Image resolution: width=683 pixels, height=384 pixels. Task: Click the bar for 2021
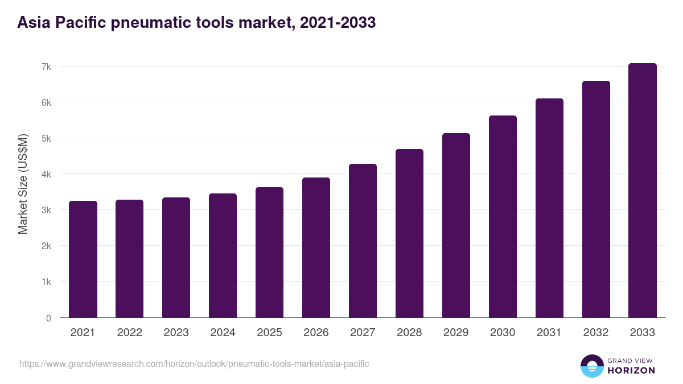click(83, 259)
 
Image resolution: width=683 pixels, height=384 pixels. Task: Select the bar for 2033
click(643, 191)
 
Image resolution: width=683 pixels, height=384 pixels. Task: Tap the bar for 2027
click(363, 241)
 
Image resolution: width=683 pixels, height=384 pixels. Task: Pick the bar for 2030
click(503, 217)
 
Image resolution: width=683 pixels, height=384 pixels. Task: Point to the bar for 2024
click(223, 255)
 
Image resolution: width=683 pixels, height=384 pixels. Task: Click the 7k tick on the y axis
click(46, 67)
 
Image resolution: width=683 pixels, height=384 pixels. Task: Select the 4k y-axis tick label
click(46, 174)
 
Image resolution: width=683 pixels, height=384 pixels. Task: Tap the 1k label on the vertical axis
click(46, 282)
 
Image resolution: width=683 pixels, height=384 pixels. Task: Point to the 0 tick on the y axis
click(48, 318)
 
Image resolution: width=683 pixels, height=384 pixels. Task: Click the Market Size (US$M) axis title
click(23, 184)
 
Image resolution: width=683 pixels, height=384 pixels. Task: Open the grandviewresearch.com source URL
click(194, 364)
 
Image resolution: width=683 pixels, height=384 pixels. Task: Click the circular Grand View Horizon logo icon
click(591, 366)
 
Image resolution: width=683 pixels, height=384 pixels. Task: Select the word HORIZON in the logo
click(631, 370)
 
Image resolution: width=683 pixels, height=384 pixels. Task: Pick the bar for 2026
click(316, 247)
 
